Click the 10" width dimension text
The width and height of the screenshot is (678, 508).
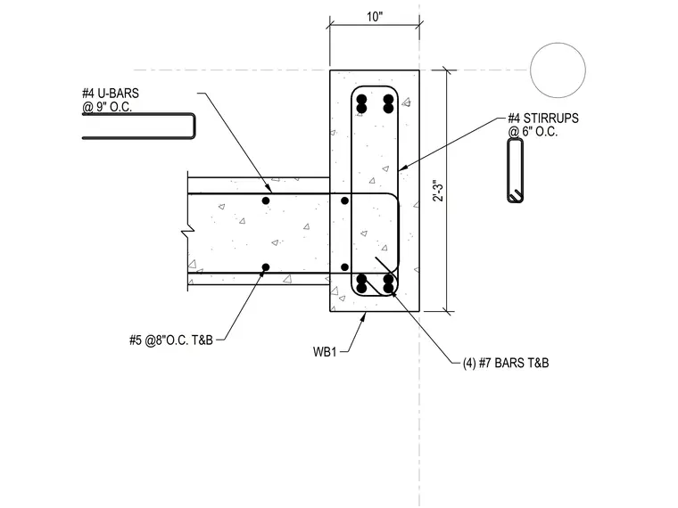[375, 17]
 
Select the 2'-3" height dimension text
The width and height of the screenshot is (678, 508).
[438, 191]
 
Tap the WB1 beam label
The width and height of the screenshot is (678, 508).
[325, 352]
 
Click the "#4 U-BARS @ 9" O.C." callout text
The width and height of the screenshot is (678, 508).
[111, 100]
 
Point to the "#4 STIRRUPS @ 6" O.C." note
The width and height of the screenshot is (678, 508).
[543, 125]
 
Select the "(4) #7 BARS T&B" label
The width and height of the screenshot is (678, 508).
[506, 363]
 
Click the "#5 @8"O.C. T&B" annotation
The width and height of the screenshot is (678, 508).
[171, 340]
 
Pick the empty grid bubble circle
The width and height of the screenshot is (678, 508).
[558, 70]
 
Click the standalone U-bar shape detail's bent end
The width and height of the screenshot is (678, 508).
[194, 127]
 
